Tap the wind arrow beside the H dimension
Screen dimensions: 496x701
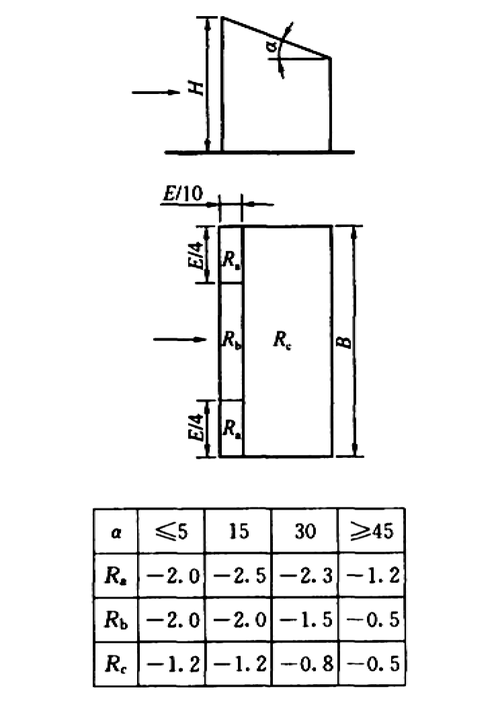(x=156, y=93)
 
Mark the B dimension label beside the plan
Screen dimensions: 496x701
(x=344, y=342)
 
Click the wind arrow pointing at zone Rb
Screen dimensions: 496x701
(x=180, y=340)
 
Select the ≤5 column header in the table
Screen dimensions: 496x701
(x=171, y=531)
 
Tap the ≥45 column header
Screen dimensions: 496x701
(x=372, y=531)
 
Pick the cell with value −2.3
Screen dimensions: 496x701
(x=306, y=575)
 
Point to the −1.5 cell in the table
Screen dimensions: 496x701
(x=306, y=619)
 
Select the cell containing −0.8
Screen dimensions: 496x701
(x=306, y=663)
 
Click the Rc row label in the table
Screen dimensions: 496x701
(x=116, y=664)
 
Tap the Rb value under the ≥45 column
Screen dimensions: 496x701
(x=372, y=619)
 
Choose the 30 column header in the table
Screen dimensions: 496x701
(x=305, y=531)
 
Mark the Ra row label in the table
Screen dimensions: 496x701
(x=116, y=576)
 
